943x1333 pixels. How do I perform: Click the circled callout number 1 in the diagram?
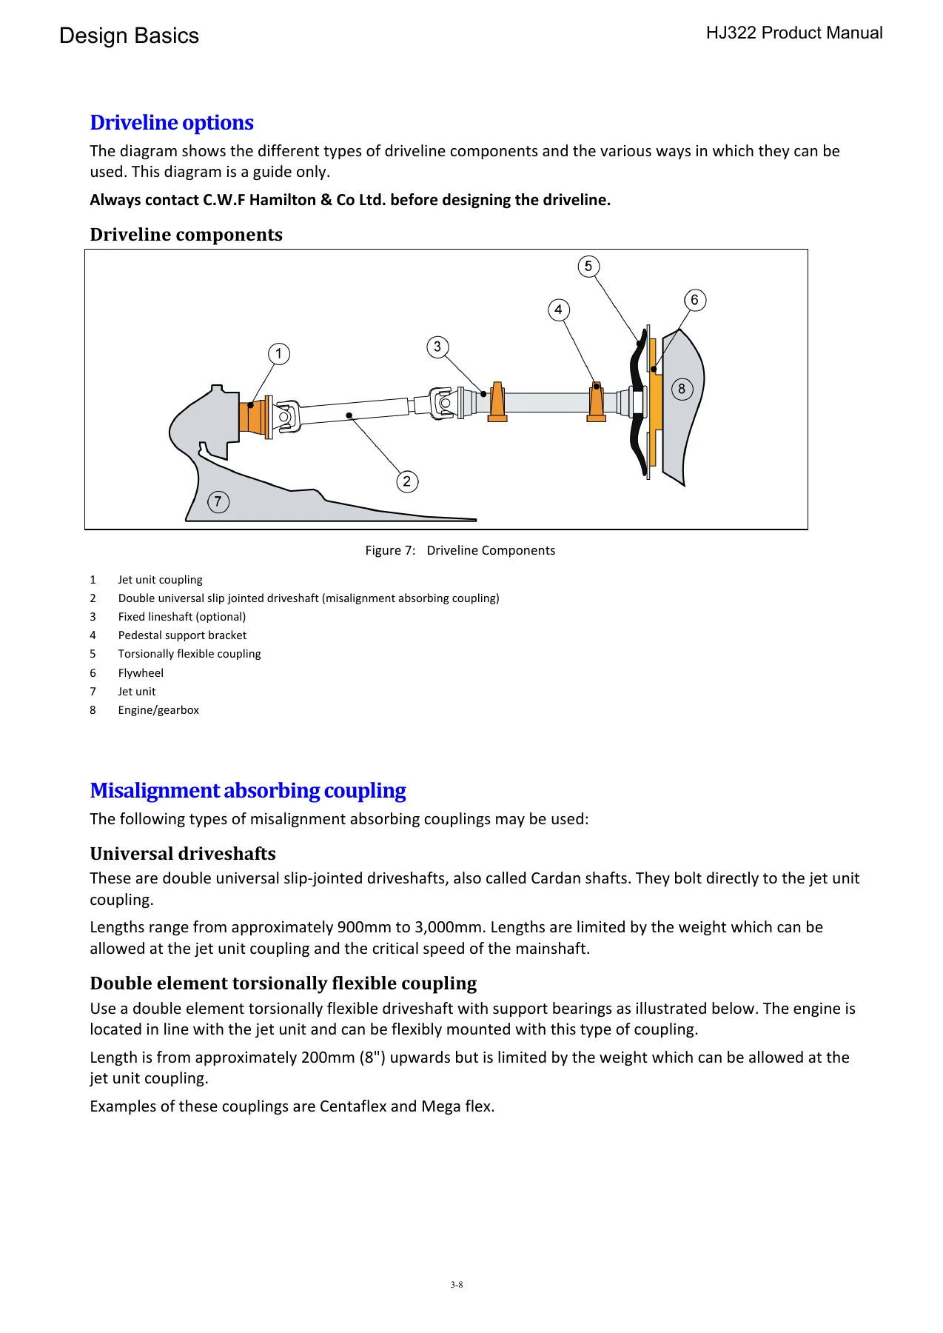pos(279,354)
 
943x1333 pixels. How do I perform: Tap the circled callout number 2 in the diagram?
pos(407,481)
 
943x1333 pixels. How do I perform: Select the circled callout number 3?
pos(437,347)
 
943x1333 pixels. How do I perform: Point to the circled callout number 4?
pos(559,310)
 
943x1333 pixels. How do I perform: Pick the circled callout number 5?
pos(588,267)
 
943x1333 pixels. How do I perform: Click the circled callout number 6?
pos(694,300)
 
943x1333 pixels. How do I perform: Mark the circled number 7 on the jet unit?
pos(218,501)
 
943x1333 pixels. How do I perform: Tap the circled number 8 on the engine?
pos(682,389)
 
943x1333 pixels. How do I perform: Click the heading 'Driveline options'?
pos(172,122)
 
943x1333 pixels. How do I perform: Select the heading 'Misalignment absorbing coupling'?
pos(248,790)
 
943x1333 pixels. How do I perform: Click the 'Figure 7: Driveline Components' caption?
pos(460,550)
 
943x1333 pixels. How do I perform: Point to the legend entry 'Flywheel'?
pos(141,672)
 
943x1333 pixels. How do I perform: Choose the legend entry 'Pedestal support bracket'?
pos(182,635)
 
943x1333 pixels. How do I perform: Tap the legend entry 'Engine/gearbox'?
pos(158,710)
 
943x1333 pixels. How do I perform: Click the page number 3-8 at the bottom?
pos(457,1285)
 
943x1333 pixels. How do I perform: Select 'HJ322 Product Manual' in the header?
pos(794,33)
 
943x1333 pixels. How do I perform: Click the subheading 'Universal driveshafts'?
pos(183,854)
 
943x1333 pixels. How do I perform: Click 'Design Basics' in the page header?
pos(129,36)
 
